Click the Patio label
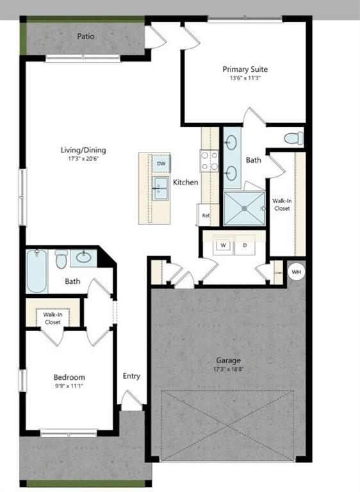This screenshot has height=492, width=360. pyautogui.click(x=86, y=37)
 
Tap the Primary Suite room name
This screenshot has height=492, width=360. pyautogui.click(x=245, y=69)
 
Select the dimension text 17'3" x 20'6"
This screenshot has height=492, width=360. pyautogui.click(x=83, y=159)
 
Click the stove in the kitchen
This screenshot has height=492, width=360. pyautogui.click(x=209, y=161)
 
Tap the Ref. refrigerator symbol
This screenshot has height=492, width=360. pyautogui.click(x=206, y=215)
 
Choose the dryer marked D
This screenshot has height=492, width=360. pyautogui.click(x=245, y=245)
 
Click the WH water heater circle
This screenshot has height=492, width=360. pyautogui.click(x=296, y=272)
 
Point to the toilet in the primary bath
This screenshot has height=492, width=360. pyautogui.click(x=293, y=138)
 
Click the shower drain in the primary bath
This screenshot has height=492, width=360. pyautogui.click(x=243, y=208)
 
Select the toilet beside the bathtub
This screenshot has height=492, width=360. pyautogui.click(x=61, y=259)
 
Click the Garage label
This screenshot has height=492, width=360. pyautogui.click(x=228, y=360)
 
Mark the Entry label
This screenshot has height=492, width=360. pyautogui.click(x=131, y=376)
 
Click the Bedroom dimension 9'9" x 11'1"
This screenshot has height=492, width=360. pyautogui.click(x=69, y=386)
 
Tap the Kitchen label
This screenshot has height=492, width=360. pyautogui.click(x=186, y=183)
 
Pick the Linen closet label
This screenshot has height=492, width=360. pyautogui.click(x=277, y=272)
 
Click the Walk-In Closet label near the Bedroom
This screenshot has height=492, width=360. pyautogui.click(x=53, y=318)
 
